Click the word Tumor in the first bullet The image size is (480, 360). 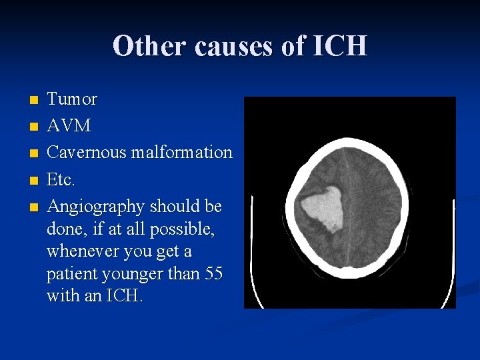(72, 99)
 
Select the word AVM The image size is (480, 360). (69, 126)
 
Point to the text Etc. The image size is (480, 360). (61, 180)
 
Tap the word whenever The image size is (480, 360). (81, 251)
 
